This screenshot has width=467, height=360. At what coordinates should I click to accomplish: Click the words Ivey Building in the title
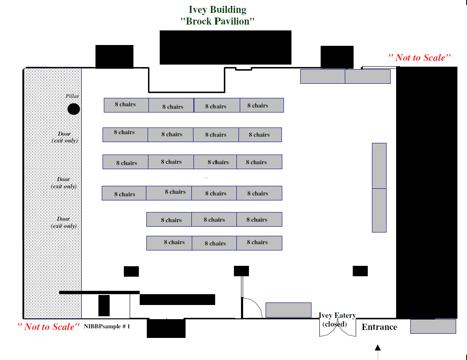tap(217, 10)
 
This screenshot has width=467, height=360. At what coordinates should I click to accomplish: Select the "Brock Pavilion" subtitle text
tap(217, 21)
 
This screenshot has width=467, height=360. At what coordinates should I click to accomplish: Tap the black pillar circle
tap(73, 109)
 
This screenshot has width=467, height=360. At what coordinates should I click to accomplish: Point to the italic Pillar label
tap(73, 96)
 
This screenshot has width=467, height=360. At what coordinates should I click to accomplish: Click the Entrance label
tap(379, 327)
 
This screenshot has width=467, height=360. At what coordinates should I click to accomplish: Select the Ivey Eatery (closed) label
tap(337, 320)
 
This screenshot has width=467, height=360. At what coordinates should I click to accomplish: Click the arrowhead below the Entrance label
tap(378, 347)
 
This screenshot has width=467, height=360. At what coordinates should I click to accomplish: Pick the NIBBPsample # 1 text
tap(107, 326)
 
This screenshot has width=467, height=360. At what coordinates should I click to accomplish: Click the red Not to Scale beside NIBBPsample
tap(48, 327)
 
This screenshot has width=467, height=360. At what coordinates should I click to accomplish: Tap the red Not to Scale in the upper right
tap(419, 57)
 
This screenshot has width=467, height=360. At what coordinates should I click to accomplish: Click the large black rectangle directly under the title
tap(226, 47)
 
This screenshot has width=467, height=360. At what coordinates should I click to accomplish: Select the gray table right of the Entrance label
tap(433, 326)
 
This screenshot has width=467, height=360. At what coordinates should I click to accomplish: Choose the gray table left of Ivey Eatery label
tap(288, 310)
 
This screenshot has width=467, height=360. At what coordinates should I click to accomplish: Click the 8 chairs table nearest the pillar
tap(126, 105)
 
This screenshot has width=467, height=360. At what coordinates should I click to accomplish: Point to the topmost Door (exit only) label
tap(65, 137)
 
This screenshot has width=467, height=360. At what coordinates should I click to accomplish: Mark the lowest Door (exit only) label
tap(64, 222)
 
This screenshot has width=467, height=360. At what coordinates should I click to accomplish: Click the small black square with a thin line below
tap(241, 271)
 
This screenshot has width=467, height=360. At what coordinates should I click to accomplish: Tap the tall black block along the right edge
tap(427, 192)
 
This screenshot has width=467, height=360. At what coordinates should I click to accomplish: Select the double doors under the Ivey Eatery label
tap(338, 327)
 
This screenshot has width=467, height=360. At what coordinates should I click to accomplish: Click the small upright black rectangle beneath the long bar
tap(104, 305)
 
